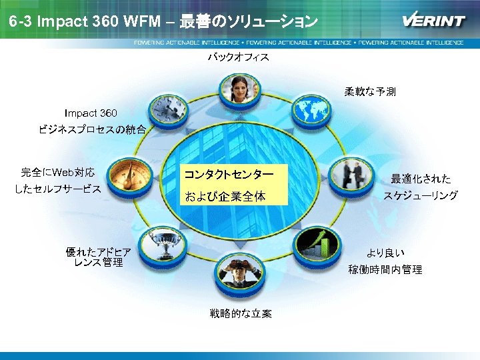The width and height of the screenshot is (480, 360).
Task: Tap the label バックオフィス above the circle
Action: pyautogui.click(x=238, y=57)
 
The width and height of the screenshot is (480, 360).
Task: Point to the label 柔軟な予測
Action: pyautogui.click(x=370, y=92)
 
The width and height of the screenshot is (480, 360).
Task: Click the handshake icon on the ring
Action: pyautogui.click(x=346, y=175)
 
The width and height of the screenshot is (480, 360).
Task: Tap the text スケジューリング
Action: pyautogui.click(x=420, y=195)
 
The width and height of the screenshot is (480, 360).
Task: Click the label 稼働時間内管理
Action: pyautogui.click(x=385, y=269)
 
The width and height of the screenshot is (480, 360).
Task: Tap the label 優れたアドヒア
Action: pyautogui.click(x=98, y=252)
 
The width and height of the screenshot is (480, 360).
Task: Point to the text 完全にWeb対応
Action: pyautogui.click(x=58, y=173)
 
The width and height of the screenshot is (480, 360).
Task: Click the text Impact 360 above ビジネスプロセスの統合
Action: pyautogui.click(x=91, y=113)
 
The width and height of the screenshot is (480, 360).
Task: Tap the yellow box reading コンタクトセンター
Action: pyautogui.click(x=228, y=175)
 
